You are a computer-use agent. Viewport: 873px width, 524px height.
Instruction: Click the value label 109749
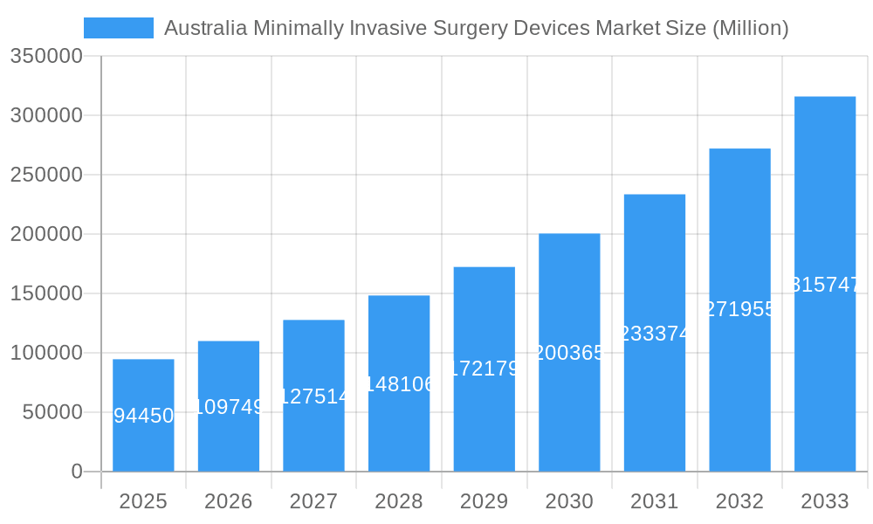229,407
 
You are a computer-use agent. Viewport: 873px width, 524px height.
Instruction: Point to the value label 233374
655,334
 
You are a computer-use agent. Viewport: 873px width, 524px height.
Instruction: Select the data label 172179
485,369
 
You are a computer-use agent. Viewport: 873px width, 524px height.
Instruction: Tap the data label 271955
739,309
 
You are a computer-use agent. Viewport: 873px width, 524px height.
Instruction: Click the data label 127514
313,396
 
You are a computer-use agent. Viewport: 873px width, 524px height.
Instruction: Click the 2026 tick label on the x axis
229,501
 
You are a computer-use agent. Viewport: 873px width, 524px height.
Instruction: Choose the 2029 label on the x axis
485,501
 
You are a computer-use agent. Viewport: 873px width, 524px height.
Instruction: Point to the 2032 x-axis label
739,501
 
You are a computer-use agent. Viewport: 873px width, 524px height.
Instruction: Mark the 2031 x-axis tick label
655,501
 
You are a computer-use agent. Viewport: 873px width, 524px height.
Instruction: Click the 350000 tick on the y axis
46,57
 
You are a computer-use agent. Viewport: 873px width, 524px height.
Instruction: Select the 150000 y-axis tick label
46,293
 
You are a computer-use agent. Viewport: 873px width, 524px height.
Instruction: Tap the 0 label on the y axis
77,472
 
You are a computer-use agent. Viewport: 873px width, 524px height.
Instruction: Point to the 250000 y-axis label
46,175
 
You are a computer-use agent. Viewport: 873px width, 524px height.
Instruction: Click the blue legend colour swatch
119,28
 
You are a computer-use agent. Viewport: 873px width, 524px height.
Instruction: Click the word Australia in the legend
205,28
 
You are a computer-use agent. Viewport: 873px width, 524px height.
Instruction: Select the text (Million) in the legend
751,28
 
